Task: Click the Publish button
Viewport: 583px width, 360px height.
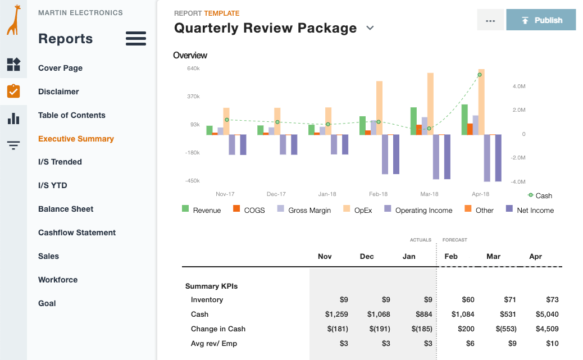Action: [540, 20]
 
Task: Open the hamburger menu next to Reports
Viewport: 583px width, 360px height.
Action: [136, 39]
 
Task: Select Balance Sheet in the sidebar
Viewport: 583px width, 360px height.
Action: [66, 209]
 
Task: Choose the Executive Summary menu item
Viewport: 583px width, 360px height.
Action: [76, 139]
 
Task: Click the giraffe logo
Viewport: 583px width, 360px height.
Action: [13, 20]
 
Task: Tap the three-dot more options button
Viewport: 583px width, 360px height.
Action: [490, 20]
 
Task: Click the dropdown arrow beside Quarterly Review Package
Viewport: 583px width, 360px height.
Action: [370, 28]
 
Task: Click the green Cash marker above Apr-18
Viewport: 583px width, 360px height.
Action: [480, 75]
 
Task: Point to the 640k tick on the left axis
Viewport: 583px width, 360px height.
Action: [193, 69]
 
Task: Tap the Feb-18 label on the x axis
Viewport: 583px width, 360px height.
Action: [378, 194]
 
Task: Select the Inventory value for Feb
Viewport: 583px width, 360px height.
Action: [467, 300]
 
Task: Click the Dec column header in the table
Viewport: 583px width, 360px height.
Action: [367, 256]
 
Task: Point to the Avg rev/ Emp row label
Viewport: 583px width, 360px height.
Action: [215, 344]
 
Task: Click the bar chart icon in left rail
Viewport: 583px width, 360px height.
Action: [13, 119]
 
